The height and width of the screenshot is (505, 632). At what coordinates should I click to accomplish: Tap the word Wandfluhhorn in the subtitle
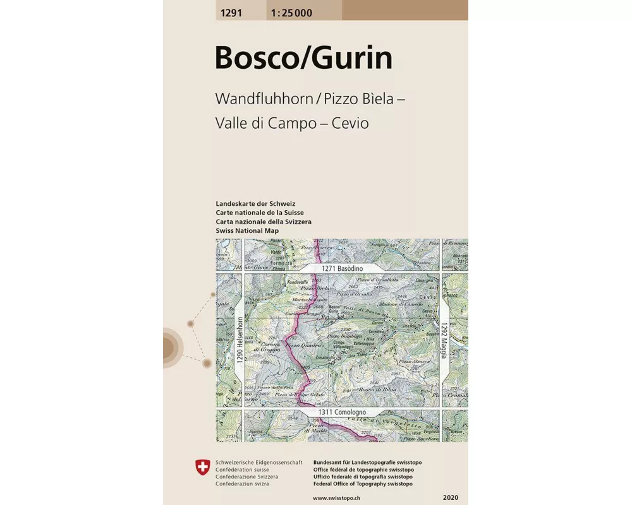click(x=266, y=99)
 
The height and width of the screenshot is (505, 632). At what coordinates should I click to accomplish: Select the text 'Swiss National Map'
click(x=247, y=230)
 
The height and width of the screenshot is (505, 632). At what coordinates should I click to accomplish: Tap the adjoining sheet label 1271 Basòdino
click(x=343, y=268)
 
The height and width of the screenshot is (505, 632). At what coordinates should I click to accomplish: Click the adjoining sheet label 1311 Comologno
click(x=343, y=412)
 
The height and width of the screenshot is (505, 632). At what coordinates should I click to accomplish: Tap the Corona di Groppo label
click(x=266, y=344)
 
